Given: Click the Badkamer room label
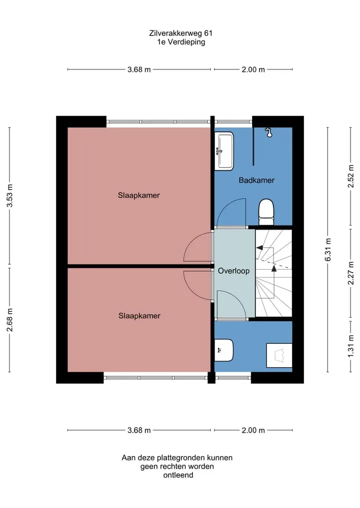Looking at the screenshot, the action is click(256, 180).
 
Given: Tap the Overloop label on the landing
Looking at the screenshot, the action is click(233, 271).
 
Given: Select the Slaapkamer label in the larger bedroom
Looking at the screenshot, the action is click(139, 195).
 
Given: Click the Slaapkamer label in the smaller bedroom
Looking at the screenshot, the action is click(139, 316).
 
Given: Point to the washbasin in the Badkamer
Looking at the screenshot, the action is click(224, 151).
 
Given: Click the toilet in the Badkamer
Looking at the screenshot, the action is click(266, 212).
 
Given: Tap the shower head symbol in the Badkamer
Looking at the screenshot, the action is click(268, 132).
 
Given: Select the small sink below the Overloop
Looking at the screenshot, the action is click(224, 350).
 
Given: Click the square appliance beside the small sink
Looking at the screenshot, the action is click(279, 356).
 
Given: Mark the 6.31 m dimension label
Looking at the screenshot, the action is click(328, 249).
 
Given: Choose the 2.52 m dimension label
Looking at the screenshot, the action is click(350, 176).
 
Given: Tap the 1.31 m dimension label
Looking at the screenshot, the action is click(350, 346).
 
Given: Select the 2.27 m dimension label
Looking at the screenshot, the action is click(350, 273).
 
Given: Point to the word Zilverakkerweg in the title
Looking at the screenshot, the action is click(176, 33).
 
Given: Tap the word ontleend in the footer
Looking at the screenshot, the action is click(178, 475).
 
